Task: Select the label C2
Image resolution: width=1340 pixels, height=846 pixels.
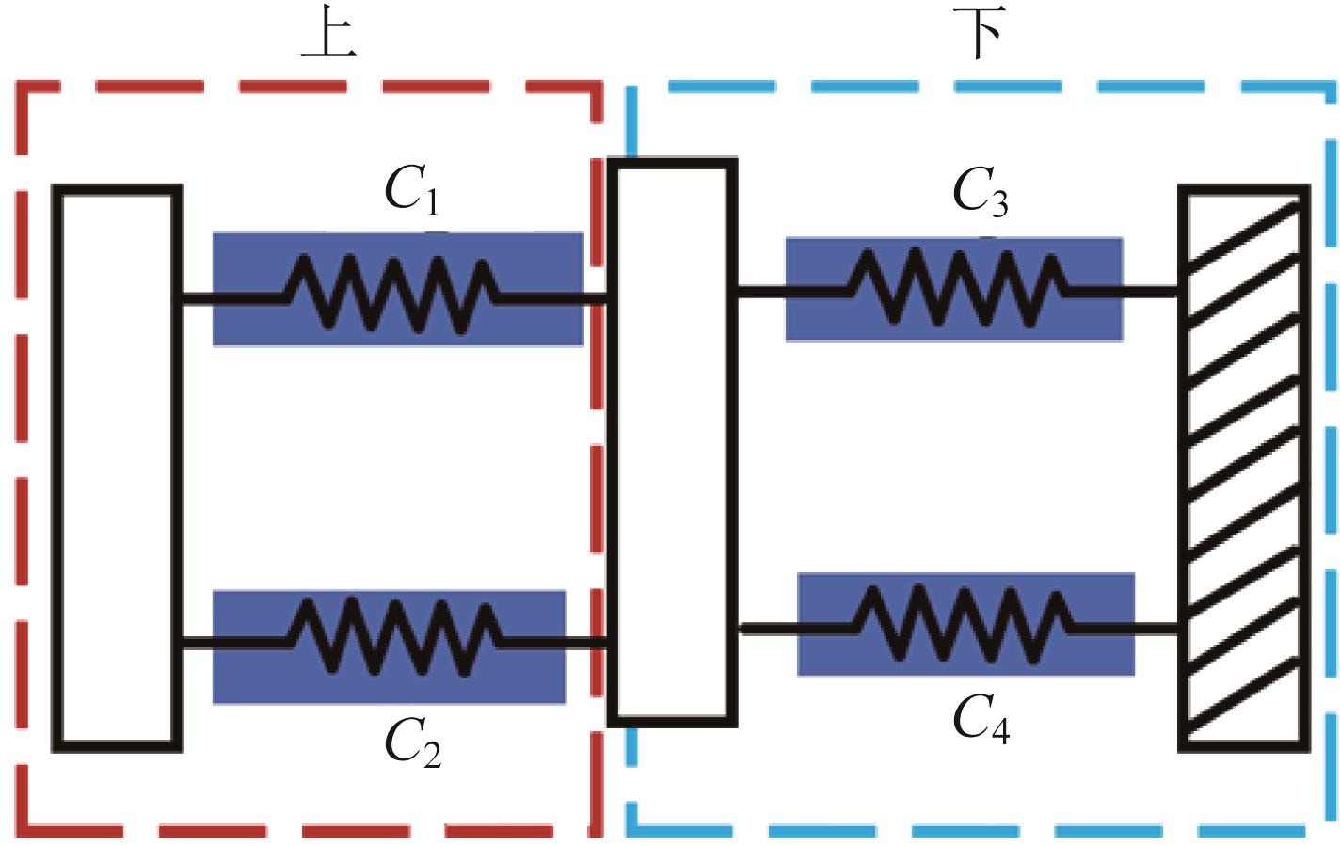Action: click(412, 744)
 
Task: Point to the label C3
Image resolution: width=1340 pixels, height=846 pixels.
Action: click(980, 192)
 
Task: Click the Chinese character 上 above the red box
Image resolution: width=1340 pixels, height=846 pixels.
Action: click(327, 37)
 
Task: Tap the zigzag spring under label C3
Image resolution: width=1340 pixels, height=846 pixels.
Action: click(958, 287)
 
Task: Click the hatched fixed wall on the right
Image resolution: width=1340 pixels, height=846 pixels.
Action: click(1244, 468)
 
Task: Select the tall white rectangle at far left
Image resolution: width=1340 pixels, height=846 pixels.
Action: click(117, 468)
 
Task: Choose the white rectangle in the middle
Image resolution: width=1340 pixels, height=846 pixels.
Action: click(671, 442)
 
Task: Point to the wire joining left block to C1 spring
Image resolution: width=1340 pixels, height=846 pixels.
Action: click(230, 300)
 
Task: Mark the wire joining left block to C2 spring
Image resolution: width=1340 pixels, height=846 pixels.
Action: click(231, 643)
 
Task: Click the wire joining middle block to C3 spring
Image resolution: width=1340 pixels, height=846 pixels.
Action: click(793, 292)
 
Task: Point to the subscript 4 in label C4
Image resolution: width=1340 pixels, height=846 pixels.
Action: click(1000, 732)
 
